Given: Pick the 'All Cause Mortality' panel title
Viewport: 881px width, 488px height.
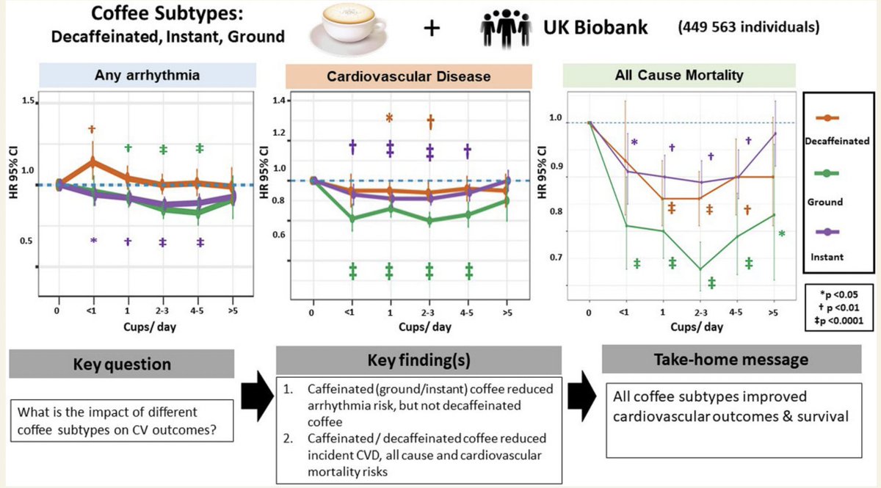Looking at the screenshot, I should pyautogui.click(x=667, y=75).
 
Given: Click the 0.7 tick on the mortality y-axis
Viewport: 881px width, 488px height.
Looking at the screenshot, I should pyautogui.click(x=559, y=258).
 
